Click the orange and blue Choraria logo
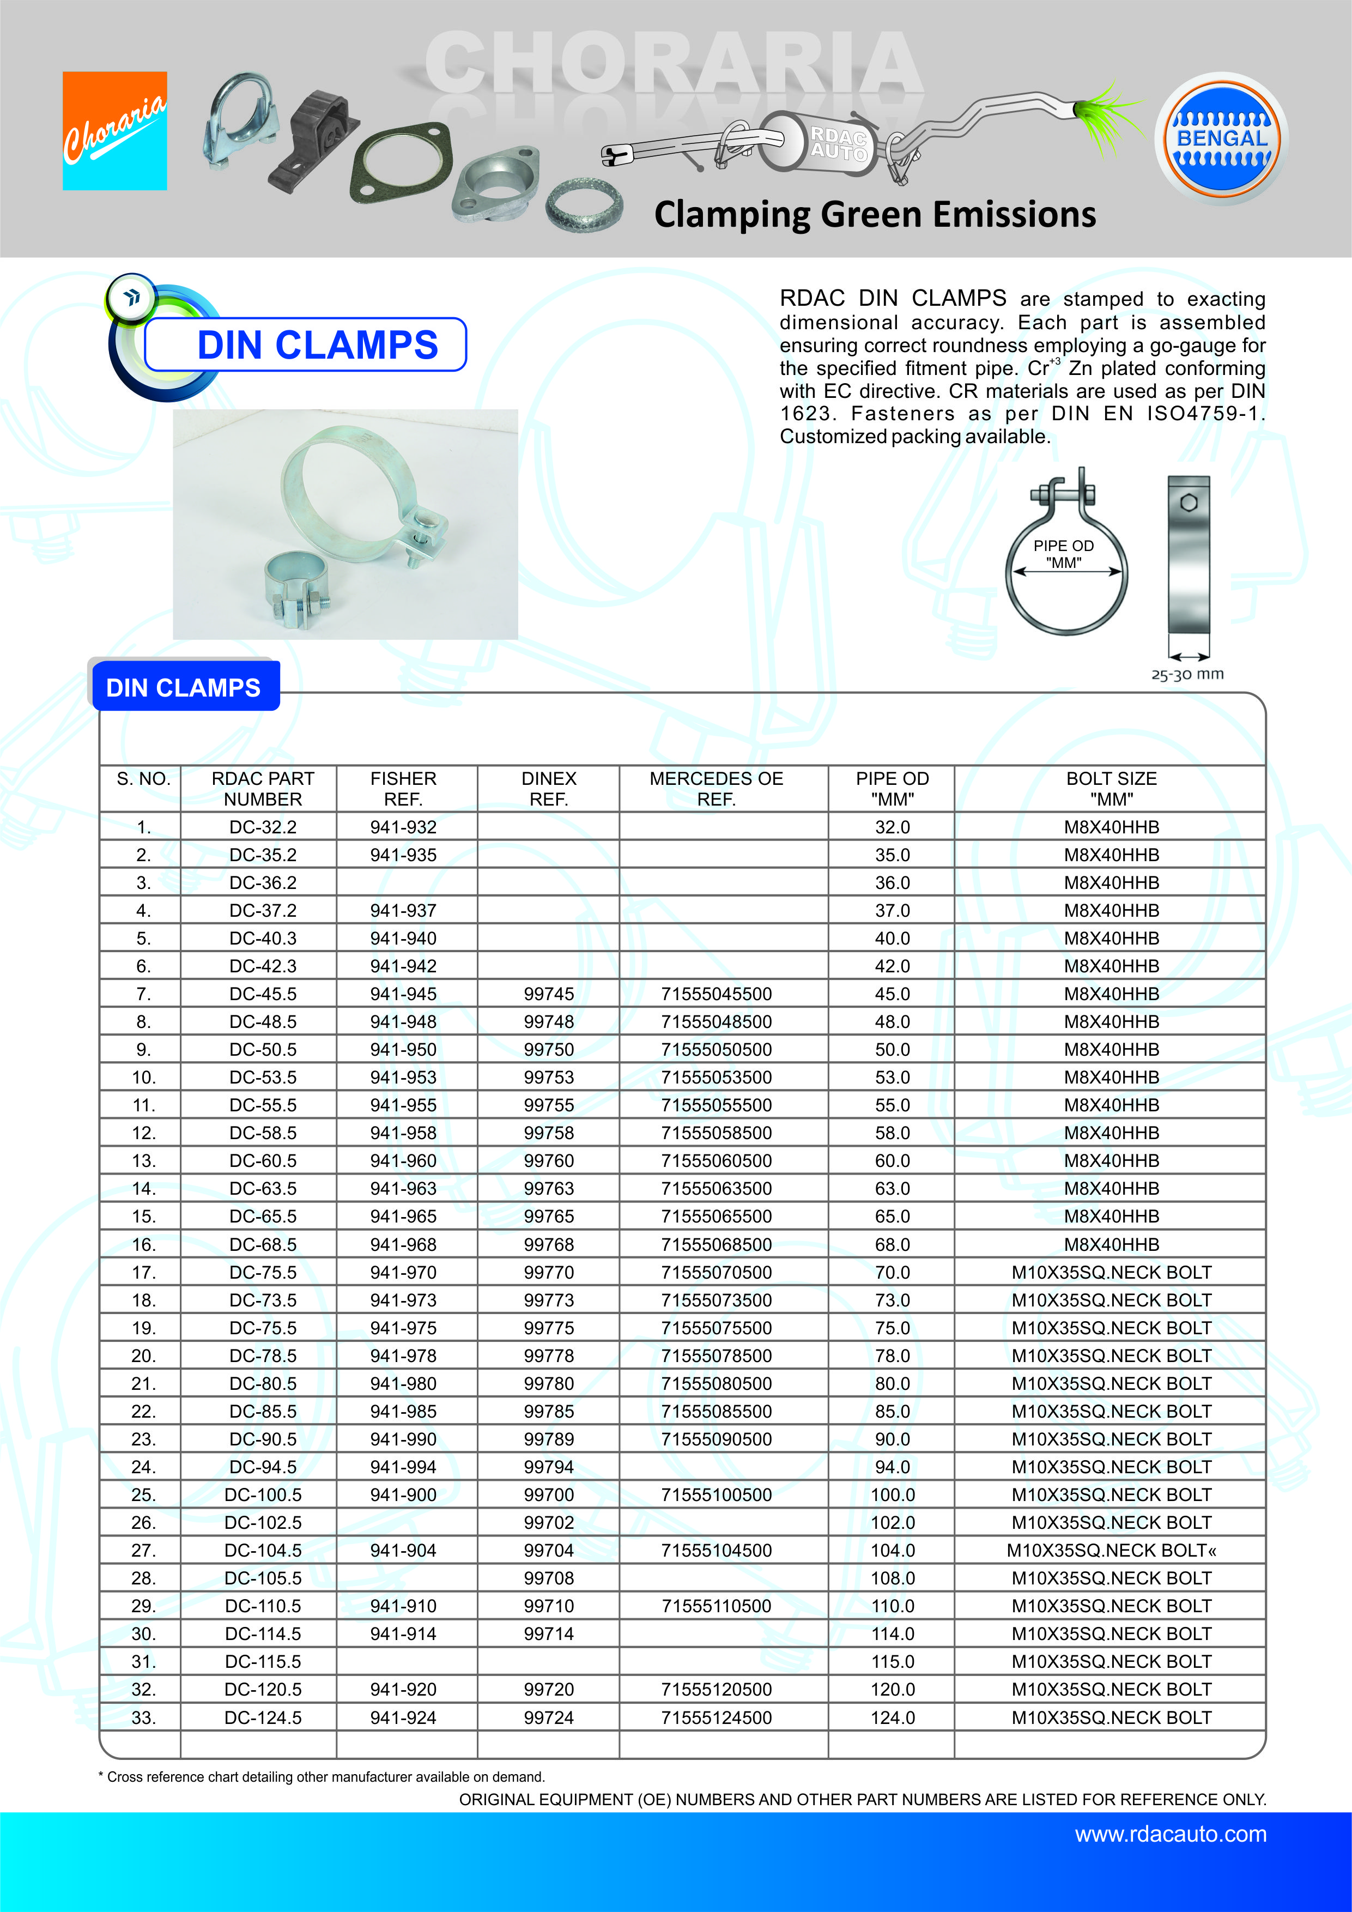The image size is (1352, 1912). coord(115,131)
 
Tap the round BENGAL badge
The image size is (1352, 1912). coord(1221,138)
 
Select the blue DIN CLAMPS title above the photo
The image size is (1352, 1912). coord(317,345)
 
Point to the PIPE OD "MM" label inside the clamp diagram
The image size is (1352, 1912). coord(1063,554)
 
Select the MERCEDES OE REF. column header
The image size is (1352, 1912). coord(716,789)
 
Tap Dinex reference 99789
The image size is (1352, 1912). coord(549,1439)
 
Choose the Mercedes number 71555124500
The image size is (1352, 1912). coord(716,1717)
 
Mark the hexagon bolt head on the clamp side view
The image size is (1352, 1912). coord(1189,503)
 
